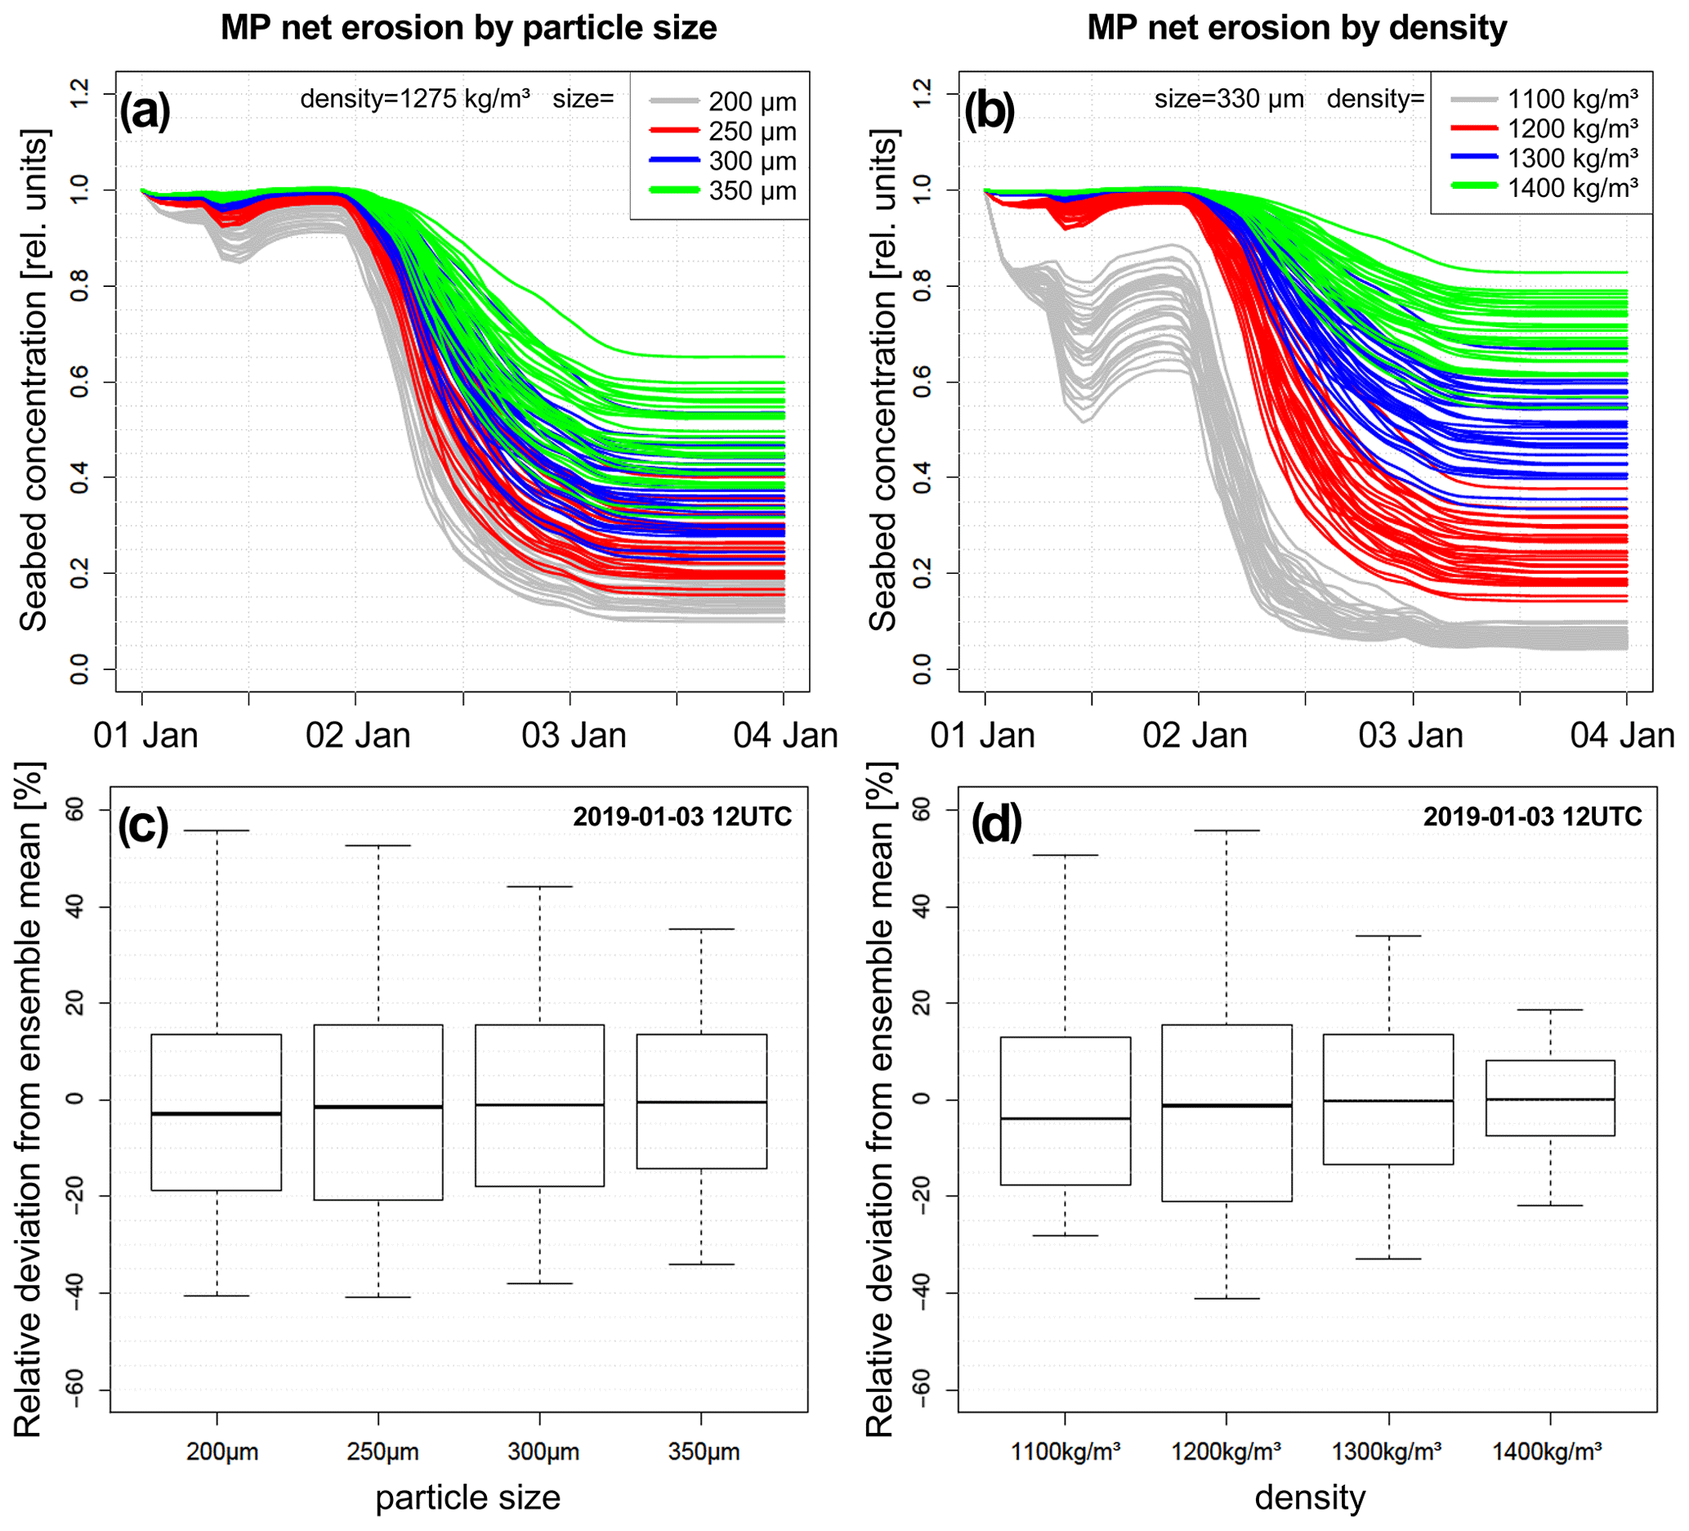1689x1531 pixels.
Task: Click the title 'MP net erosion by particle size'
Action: (468, 29)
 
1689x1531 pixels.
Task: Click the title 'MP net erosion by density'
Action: (1296, 29)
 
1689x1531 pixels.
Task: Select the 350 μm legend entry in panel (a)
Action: (722, 191)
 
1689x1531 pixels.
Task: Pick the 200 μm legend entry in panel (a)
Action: (722, 102)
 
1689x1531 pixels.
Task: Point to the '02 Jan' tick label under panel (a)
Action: (358, 736)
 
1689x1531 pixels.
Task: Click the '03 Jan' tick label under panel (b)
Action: (1411, 736)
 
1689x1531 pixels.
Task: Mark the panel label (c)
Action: (143, 826)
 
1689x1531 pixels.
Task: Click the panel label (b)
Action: (990, 110)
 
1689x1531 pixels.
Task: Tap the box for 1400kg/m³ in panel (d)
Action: (1551, 1099)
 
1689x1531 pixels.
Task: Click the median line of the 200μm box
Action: (217, 1113)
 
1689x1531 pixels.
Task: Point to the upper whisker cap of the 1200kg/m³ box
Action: (1227, 830)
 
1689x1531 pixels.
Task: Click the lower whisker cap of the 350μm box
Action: (701, 1264)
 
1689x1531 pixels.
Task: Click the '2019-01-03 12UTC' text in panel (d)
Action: (1532, 817)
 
